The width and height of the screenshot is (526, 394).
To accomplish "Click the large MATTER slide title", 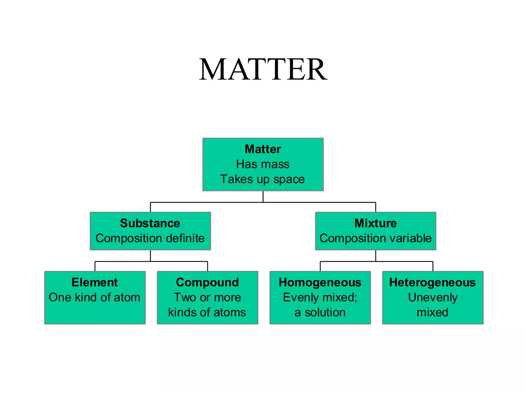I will [263, 69].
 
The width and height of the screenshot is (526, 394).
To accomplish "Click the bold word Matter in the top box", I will [263, 149].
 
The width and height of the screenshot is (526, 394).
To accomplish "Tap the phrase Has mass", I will [263, 164].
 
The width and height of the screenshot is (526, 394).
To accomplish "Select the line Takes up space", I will [262, 179].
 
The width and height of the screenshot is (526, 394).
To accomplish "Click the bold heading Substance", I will [150, 223].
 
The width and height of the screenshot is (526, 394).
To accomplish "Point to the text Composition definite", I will [150, 238].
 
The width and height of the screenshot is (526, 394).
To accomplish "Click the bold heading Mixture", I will [375, 223].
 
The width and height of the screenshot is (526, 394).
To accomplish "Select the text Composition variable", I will [375, 238].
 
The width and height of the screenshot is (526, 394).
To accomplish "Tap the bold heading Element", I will [95, 282].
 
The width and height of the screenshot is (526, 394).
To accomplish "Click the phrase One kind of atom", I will [95, 297].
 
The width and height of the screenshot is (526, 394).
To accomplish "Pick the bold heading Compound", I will [207, 282].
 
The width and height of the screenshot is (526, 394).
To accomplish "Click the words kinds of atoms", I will [207, 312].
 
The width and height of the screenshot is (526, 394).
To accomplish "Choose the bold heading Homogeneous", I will [320, 282].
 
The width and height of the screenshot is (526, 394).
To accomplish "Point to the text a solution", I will [320, 312].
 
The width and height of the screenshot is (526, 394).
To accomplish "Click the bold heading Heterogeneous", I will [433, 282].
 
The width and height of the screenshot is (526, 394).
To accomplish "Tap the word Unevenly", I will [433, 297].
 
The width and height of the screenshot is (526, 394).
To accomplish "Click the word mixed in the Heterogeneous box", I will [433, 312].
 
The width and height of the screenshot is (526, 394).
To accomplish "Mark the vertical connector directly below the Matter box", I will [263, 196].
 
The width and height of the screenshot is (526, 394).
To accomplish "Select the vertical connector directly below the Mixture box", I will [376, 256].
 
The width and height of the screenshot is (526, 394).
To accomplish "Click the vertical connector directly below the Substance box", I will [150, 256].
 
